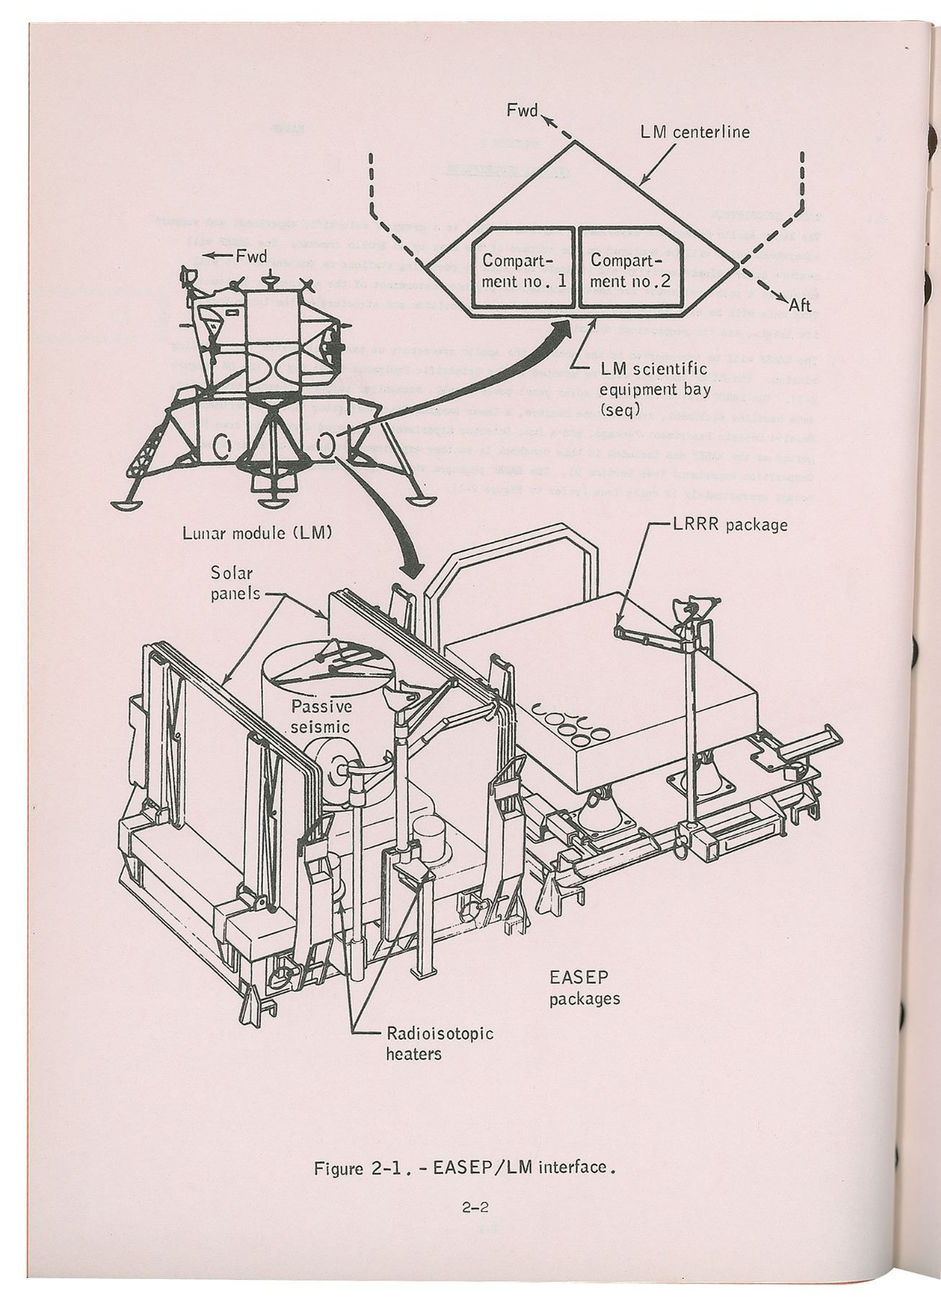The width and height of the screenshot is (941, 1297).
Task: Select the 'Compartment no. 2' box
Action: click(630, 270)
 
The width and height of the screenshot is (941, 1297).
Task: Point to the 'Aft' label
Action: click(800, 306)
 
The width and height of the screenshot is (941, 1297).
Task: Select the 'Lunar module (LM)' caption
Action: click(257, 535)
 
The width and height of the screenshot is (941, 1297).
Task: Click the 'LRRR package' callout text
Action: click(729, 525)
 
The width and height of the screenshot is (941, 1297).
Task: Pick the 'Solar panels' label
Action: click(235, 584)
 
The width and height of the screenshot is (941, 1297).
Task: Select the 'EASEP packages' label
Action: click(584, 989)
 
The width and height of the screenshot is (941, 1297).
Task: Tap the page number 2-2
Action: click(476, 1206)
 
